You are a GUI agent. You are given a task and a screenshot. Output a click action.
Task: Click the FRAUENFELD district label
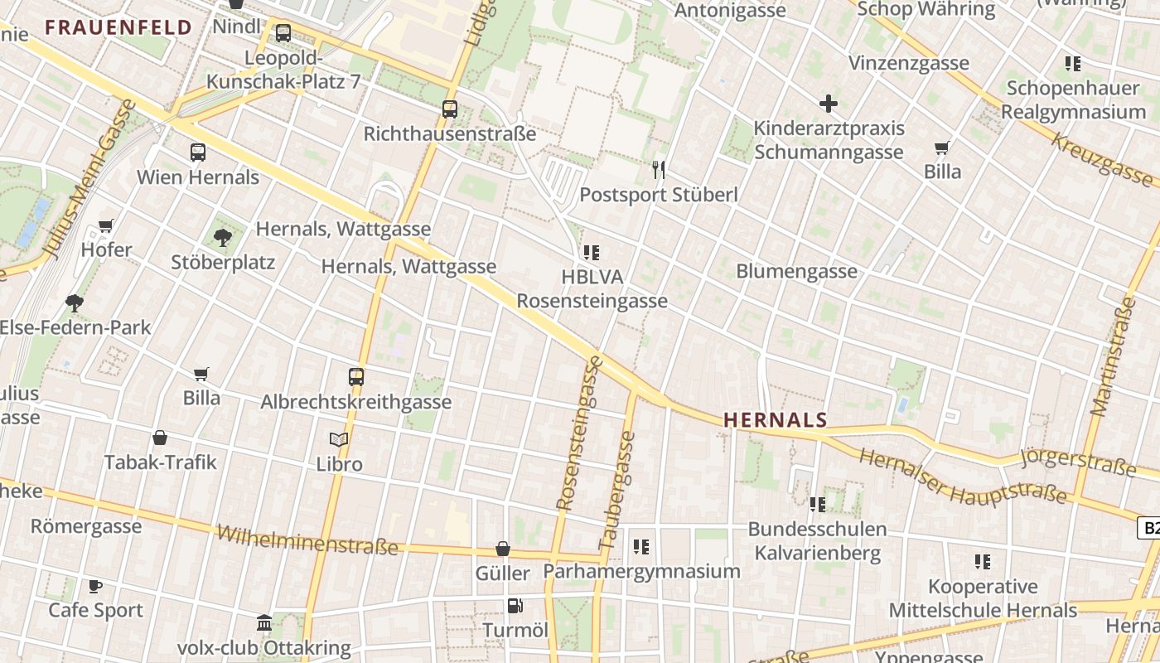[118, 27]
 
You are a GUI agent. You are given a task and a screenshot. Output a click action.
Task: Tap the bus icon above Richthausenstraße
[450, 109]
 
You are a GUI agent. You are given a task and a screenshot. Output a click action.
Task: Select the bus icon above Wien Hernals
[197, 152]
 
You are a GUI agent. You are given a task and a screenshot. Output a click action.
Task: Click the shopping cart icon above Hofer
[106, 225]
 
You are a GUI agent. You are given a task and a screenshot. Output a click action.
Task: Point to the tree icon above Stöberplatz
[222, 238]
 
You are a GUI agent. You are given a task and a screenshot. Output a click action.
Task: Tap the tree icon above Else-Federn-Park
[75, 302]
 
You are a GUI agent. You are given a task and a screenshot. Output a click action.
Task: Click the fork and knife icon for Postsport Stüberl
[659, 170]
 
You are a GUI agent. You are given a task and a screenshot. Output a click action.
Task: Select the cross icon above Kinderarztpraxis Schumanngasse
[828, 104]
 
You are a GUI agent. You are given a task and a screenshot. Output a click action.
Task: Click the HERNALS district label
[776, 420]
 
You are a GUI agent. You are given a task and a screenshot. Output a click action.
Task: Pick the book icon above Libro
[339, 439]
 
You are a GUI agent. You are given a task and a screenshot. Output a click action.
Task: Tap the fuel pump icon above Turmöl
[515, 606]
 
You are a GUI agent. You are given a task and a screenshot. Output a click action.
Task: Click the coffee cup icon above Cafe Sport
[95, 586]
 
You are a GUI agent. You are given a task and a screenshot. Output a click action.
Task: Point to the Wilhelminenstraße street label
[307, 540]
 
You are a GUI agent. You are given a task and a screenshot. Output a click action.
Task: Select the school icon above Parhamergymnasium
[640, 547]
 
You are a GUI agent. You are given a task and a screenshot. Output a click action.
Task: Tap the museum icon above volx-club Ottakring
[264, 622]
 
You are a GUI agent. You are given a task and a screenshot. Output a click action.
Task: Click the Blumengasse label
[796, 271]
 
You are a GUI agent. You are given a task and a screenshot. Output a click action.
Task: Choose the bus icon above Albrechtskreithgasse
[356, 377]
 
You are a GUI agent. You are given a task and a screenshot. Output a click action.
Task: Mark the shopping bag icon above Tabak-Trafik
[160, 438]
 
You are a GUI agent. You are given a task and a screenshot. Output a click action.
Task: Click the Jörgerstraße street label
[1077, 461]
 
